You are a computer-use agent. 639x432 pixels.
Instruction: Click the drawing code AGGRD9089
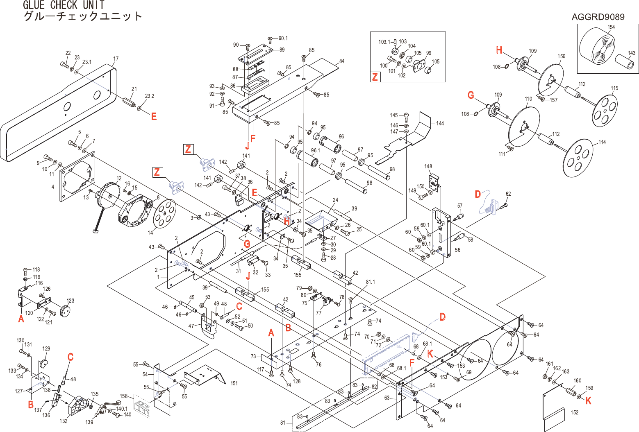pyautogui.click(x=598, y=17)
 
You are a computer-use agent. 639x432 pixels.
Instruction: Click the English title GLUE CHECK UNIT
pyautogui.click(x=64, y=5)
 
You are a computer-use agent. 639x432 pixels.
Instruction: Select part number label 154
pyautogui.click(x=611, y=27)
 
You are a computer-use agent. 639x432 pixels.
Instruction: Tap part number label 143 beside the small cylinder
pyautogui.click(x=632, y=53)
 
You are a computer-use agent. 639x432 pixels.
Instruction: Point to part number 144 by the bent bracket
pyautogui.click(x=440, y=123)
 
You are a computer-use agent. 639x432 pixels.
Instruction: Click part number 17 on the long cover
pyautogui.click(x=116, y=59)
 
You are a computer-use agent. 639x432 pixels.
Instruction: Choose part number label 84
pyautogui.click(x=342, y=61)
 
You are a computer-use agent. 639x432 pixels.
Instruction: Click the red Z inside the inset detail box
pyautogui.click(x=375, y=77)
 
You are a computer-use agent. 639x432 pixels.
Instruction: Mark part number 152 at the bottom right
pyautogui.click(x=575, y=412)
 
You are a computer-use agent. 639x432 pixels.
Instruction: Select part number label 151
pyautogui.click(x=234, y=383)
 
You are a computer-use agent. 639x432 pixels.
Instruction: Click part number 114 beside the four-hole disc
pyautogui.click(x=602, y=142)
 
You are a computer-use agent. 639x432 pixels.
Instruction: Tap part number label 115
pyautogui.click(x=614, y=88)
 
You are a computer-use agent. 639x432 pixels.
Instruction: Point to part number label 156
pyautogui.click(x=562, y=56)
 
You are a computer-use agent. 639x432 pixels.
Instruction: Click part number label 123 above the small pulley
pyautogui.click(x=70, y=301)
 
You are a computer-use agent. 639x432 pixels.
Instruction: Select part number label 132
pyautogui.click(x=64, y=421)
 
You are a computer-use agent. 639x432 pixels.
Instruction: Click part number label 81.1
pyautogui.click(x=370, y=282)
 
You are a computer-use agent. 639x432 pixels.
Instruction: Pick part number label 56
pyautogui.click(x=457, y=250)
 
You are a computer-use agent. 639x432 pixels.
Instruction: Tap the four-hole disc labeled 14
pyautogui.click(x=165, y=212)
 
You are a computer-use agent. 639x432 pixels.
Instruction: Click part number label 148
pyautogui.click(x=428, y=166)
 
